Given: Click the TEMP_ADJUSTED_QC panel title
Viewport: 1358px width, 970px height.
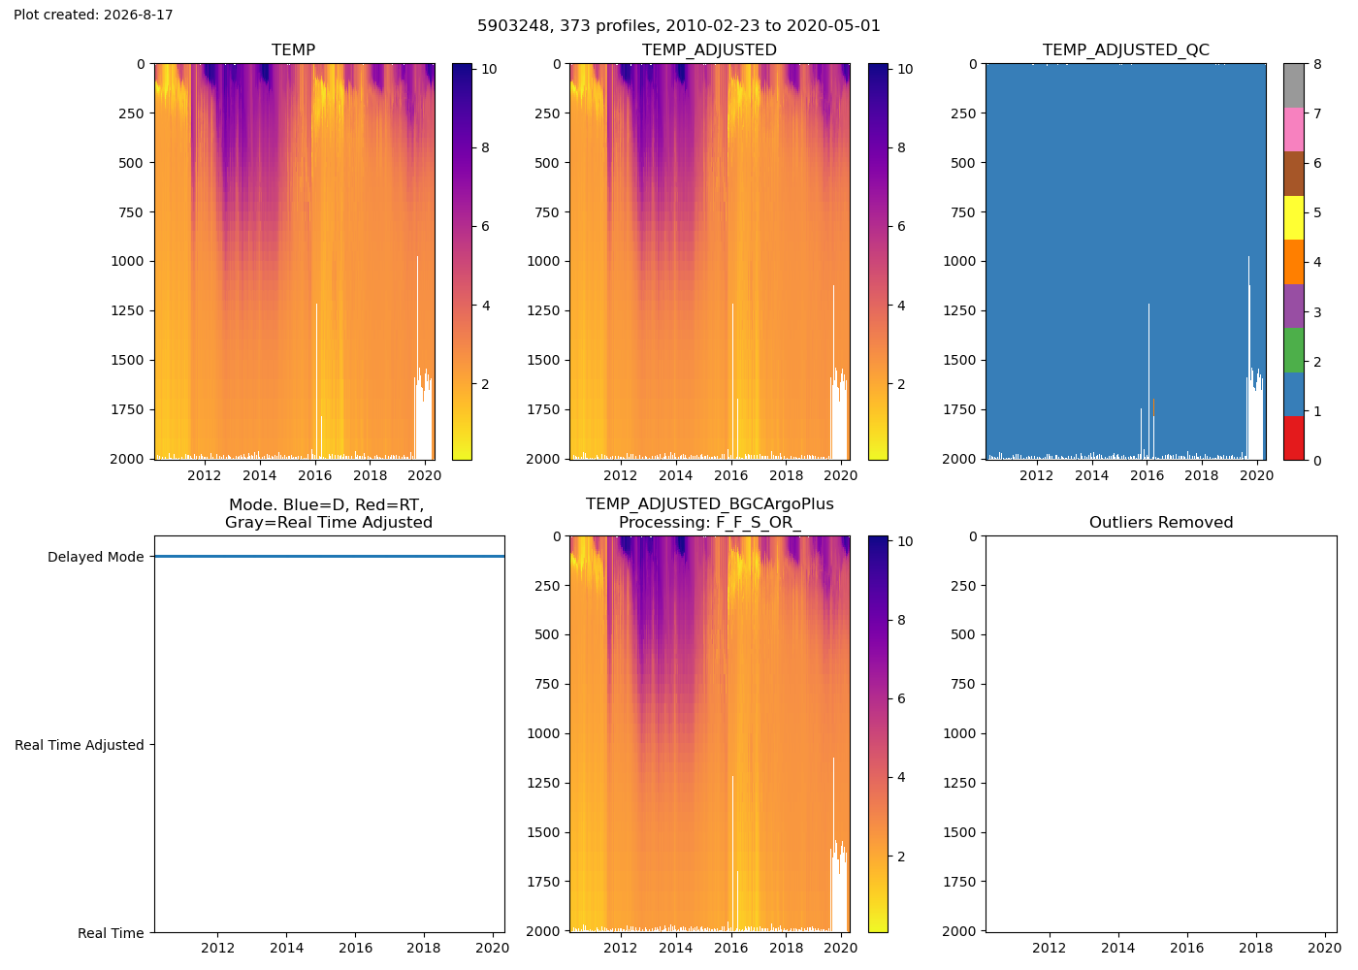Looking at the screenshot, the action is (1126, 49).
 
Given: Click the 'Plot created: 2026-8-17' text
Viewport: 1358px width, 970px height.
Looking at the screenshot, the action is (93, 15).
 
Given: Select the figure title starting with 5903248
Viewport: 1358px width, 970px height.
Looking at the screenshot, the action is (678, 25).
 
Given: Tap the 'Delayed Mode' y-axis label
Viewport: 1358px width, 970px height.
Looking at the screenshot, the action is (96, 557).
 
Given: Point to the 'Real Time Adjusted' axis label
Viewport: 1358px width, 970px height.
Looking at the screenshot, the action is (80, 745).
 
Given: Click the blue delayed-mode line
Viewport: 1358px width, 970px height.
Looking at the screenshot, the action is (330, 556).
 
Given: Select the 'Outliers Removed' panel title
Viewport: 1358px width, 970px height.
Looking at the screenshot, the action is (1161, 523).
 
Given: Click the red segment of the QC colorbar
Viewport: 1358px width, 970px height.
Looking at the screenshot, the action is (1294, 437).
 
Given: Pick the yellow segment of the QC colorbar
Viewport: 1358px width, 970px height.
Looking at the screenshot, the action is (1294, 217).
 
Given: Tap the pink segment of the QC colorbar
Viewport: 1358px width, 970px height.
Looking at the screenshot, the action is (1294, 130).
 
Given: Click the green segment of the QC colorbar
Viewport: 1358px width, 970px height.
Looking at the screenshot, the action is (1294, 350).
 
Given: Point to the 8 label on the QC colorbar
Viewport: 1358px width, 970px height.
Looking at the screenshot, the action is (1317, 64).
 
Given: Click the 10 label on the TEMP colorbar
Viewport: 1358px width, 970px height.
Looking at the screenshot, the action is (489, 69).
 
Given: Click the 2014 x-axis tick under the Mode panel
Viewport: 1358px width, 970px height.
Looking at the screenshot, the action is (287, 948).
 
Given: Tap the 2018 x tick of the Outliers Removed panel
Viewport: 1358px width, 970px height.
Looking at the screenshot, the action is (1255, 948).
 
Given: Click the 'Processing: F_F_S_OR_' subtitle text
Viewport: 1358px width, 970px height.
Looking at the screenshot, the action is (709, 523).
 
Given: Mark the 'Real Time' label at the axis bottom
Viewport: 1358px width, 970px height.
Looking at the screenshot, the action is (111, 933).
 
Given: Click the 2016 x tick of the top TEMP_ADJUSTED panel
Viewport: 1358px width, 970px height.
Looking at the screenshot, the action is (731, 475).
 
